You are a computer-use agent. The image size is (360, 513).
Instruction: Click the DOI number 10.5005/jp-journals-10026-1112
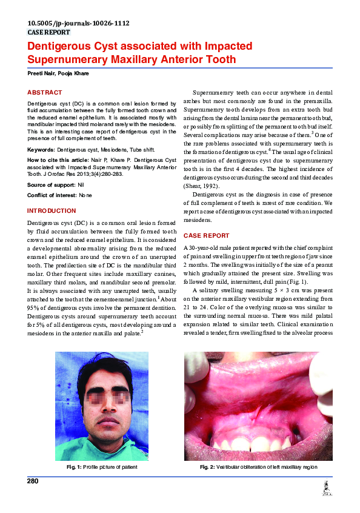tap(78, 24)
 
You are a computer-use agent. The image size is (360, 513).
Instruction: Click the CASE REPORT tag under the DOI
tap(49, 32)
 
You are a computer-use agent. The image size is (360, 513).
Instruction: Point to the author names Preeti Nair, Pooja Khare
tap(57, 73)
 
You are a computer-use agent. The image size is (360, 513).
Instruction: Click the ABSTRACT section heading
tap(44, 92)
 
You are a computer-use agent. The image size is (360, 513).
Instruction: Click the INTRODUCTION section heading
tap(52, 210)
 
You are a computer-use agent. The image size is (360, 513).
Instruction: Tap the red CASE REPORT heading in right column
tap(206, 235)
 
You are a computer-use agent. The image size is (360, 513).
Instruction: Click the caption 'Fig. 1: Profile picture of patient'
tap(102, 467)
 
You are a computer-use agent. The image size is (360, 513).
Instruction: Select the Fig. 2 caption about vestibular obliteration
tap(258, 467)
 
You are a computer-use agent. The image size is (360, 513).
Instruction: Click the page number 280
tap(33, 481)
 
